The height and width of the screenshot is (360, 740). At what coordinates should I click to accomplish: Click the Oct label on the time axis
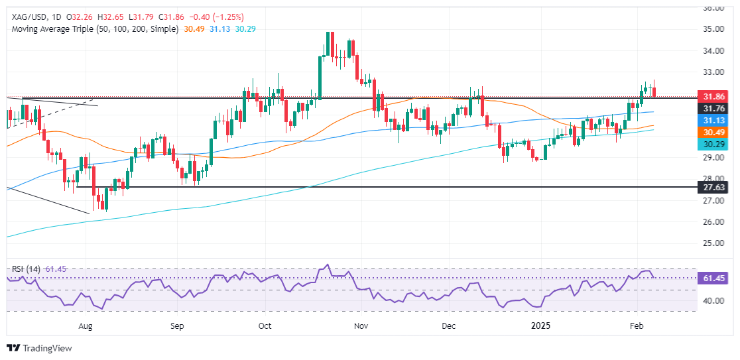coord(265,326)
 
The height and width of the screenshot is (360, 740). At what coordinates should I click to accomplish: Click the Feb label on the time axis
coord(637,326)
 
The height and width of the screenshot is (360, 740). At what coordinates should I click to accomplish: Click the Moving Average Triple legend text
coord(93,29)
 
